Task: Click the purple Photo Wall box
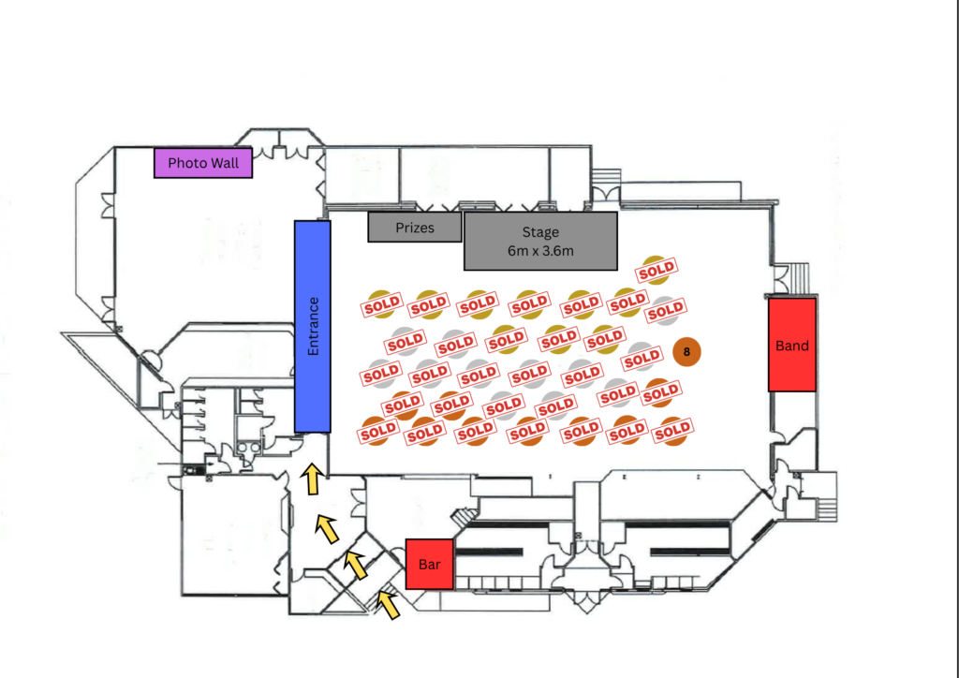(203, 163)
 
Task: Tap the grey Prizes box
(415, 228)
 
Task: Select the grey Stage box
(540, 241)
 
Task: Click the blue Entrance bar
(313, 327)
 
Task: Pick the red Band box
(792, 345)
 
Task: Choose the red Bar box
(429, 565)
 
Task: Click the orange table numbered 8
(686, 351)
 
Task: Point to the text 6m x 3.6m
(540, 251)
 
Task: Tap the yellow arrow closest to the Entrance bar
(313, 479)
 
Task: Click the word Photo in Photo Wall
(186, 163)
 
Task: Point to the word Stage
(540, 232)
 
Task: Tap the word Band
(792, 346)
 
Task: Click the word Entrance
(313, 327)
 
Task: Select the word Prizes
(415, 228)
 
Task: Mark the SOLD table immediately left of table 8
(642, 358)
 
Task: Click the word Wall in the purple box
(225, 163)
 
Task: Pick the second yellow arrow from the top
(327, 529)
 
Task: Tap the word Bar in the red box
(429, 565)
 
